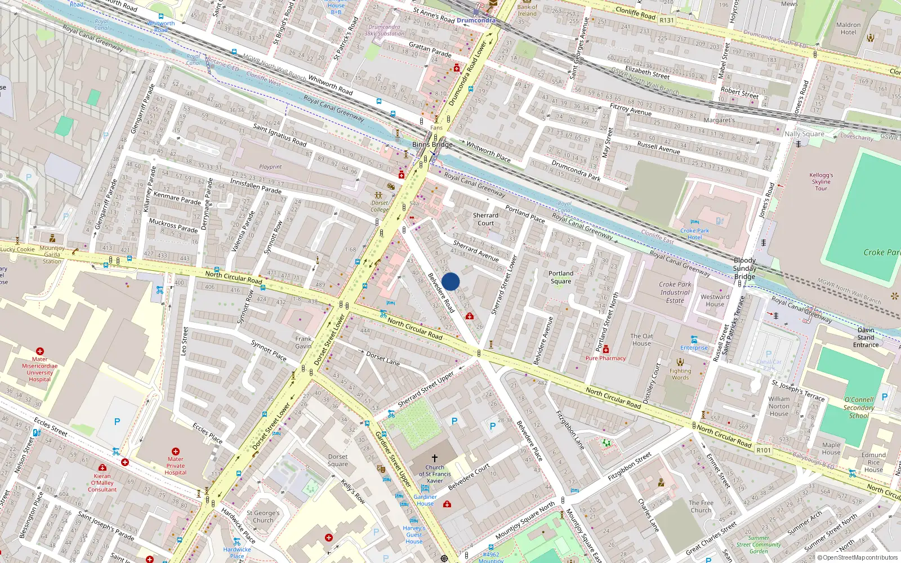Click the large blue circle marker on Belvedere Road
click(x=450, y=281)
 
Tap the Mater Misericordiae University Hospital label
click(x=39, y=369)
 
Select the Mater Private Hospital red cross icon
click(x=176, y=452)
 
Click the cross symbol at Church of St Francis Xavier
click(x=434, y=458)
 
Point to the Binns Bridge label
click(x=432, y=145)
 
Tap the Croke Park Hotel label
click(x=694, y=234)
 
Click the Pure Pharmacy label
click(x=605, y=358)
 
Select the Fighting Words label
click(x=680, y=374)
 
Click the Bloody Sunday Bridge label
click(x=744, y=268)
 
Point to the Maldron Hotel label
click(x=848, y=28)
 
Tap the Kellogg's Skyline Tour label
click(x=821, y=181)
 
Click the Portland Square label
click(x=561, y=277)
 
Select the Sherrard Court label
click(x=485, y=219)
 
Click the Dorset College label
click(x=380, y=206)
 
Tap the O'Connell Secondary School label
click(x=859, y=408)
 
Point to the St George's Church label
click(x=263, y=516)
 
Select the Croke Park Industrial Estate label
click(x=675, y=292)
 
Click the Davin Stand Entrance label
click(x=866, y=337)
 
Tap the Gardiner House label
click(x=425, y=500)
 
